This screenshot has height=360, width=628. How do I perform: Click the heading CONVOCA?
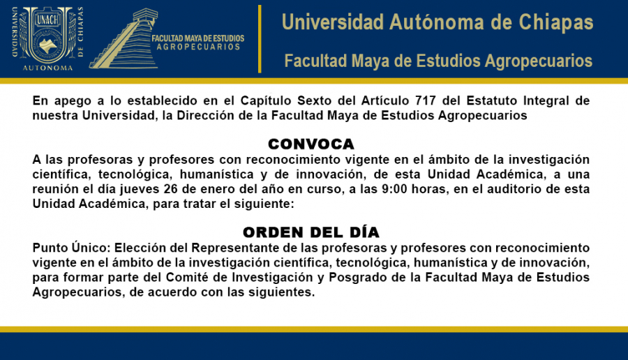[x=311, y=144]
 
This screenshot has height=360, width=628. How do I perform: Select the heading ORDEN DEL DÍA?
[x=311, y=232]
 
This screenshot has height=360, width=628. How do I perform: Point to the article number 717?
[x=426, y=100]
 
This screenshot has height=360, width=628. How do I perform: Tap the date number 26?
[x=171, y=189]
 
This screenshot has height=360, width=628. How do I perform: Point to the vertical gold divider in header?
[x=260, y=39]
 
